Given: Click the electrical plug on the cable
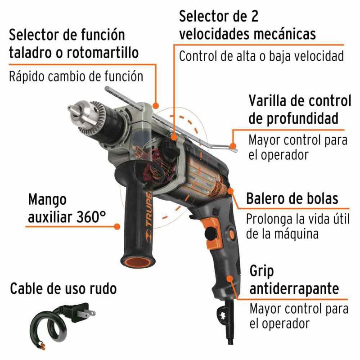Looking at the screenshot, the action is [81, 312].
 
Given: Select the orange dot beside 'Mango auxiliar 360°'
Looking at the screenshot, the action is [117, 226].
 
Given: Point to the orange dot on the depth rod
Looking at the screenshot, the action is [233, 146].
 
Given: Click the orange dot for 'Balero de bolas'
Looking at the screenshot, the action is [230, 191].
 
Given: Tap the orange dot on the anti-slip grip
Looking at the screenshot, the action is [230, 279].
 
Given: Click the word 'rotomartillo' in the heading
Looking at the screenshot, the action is [103, 53].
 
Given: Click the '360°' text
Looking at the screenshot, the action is [91, 217].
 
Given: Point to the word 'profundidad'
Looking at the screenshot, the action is [293, 119].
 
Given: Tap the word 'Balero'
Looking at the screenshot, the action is [267, 198].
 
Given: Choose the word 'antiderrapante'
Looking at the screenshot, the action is [294, 289].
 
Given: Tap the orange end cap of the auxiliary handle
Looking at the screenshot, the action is [138, 262].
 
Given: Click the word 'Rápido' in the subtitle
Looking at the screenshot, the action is [27, 76].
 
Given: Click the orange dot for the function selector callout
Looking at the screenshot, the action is [156, 106].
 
